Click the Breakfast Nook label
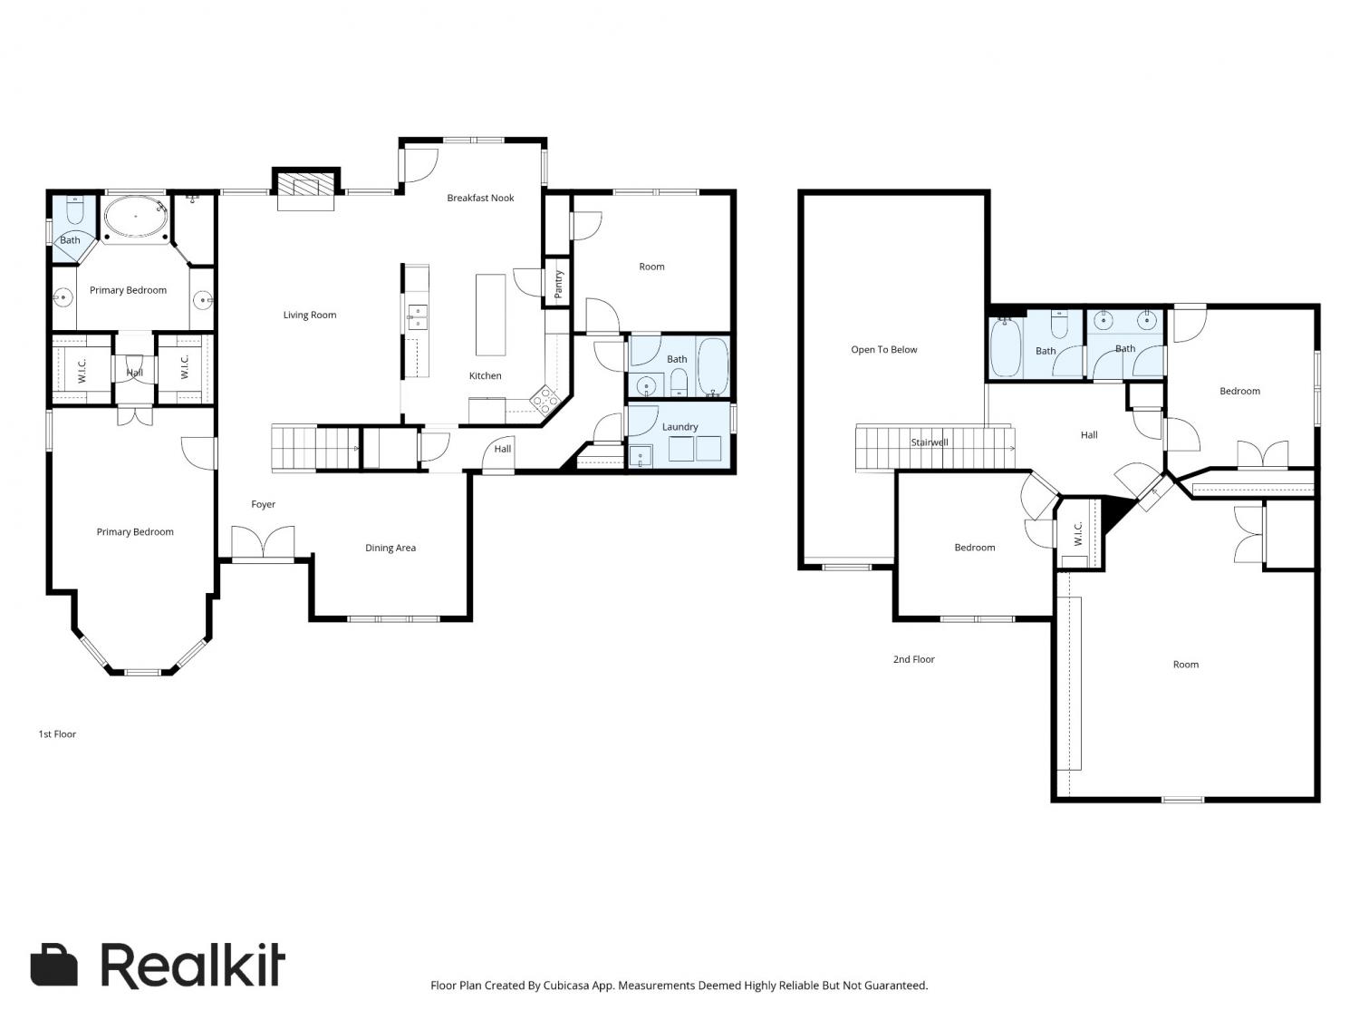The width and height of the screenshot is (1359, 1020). tap(480, 199)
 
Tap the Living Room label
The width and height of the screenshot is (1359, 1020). tap(310, 316)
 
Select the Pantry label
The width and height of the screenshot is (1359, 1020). tap(558, 285)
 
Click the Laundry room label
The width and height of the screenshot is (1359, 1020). tap(679, 427)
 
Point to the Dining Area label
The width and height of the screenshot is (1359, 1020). tap(390, 549)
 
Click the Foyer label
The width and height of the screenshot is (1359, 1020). tap(263, 505)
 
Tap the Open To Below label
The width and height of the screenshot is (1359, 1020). tap(883, 350)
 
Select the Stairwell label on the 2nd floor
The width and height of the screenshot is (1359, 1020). tap(930, 442)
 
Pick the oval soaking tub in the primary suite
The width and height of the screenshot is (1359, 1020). tap(136, 218)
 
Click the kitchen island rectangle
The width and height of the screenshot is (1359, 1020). tap(490, 315)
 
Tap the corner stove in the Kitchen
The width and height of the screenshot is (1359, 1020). tap(545, 400)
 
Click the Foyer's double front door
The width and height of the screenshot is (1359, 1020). tap(263, 543)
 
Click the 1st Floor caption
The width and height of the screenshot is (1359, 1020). tap(57, 734)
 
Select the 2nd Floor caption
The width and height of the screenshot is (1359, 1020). tap(913, 659)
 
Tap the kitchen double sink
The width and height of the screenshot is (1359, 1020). tap(418, 316)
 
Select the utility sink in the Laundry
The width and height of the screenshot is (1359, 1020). tap(641, 456)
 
